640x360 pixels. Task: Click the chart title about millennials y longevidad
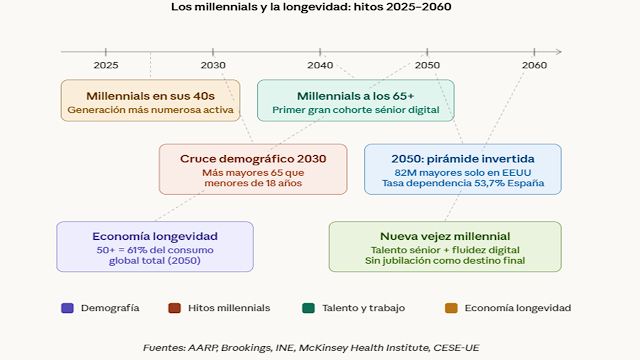[x=319, y=8]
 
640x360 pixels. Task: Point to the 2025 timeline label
[x=106, y=64]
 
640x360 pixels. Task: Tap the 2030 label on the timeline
[x=213, y=64]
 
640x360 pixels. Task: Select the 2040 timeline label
[x=320, y=64]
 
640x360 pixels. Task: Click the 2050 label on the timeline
[x=427, y=64]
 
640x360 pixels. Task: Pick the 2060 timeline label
[x=534, y=64]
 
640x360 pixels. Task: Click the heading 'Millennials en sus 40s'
[x=150, y=93]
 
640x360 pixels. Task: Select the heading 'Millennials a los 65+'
[x=356, y=93]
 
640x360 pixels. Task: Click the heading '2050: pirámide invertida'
[x=462, y=158]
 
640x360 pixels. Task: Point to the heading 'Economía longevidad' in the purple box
[x=154, y=235]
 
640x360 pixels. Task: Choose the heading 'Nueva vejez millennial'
[x=445, y=235]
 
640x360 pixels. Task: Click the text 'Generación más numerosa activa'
[x=150, y=109]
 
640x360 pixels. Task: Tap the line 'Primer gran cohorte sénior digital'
[x=356, y=109]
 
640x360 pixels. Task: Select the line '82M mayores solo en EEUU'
[x=462, y=172]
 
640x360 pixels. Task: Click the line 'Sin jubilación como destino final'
[x=445, y=262]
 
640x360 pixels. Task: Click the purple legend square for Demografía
[x=67, y=308]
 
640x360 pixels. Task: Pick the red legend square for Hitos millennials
[x=174, y=308]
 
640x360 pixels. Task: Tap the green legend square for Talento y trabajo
[x=307, y=308]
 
